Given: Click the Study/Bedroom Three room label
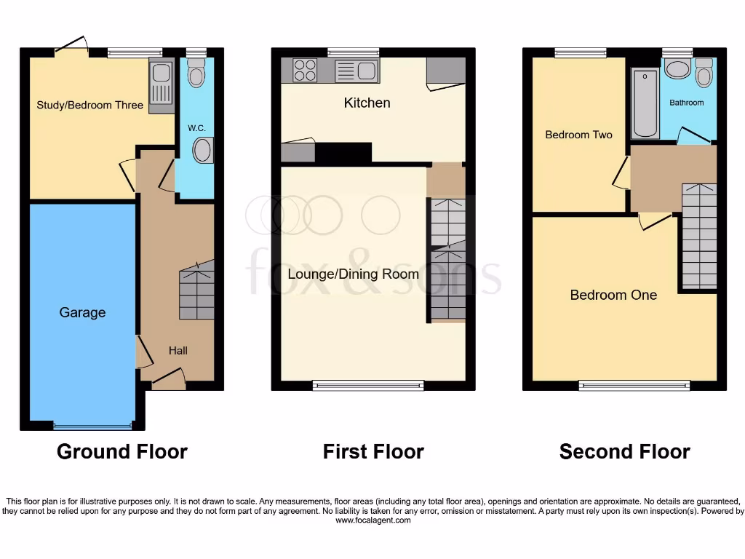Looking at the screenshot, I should (90, 105).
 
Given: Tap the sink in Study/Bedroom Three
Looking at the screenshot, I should (161, 85).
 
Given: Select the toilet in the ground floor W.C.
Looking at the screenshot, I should (196, 73).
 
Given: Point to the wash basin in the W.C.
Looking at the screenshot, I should (201, 151).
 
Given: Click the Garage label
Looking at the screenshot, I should (82, 312).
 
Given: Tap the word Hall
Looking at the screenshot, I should (178, 350).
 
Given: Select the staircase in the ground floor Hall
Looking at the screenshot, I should (196, 291).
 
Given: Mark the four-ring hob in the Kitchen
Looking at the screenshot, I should (305, 71).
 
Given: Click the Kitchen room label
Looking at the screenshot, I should (367, 103).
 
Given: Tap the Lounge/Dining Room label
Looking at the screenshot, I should (353, 274).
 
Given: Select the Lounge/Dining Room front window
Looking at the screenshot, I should (368, 386).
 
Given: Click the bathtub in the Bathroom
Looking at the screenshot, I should (645, 103).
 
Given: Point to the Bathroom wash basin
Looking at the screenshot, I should (678, 70).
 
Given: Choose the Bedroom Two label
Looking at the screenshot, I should (578, 135).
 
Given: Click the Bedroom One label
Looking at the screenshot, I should (613, 295).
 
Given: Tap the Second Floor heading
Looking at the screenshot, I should (624, 451).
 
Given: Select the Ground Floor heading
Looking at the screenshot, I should (122, 451).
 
